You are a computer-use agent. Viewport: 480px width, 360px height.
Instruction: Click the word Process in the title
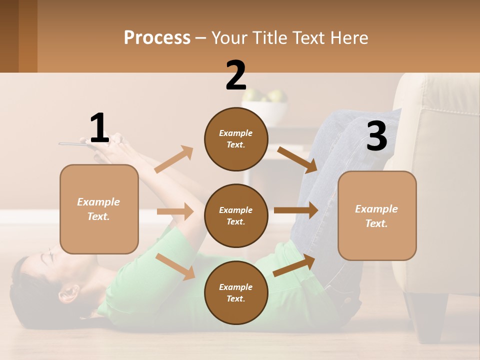(157, 37)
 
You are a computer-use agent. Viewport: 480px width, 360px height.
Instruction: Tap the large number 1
(99, 128)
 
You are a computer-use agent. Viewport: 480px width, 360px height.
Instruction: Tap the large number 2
(236, 75)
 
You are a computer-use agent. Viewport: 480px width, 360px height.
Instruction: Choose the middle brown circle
(236, 216)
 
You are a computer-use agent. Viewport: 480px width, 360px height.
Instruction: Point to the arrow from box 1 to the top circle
(173, 159)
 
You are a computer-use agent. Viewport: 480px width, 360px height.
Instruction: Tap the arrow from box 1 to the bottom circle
(175, 266)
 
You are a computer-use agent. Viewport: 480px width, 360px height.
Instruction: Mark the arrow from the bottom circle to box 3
(294, 265)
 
